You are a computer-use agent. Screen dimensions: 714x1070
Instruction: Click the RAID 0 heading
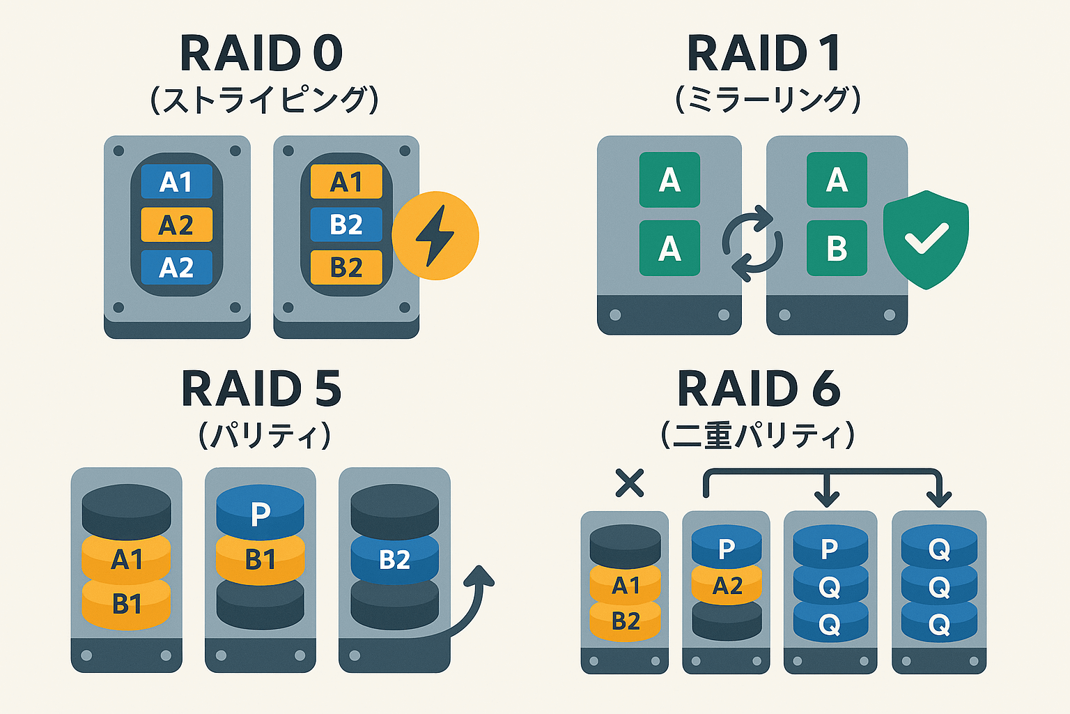pos(261,54)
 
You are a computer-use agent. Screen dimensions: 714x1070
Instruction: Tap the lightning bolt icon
pos(435,236)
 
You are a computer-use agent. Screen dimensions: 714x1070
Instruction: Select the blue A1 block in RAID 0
pos(176,182)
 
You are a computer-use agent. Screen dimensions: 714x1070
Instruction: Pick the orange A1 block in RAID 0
pos(346,182)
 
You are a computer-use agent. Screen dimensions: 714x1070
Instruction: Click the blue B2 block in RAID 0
pos(346,225)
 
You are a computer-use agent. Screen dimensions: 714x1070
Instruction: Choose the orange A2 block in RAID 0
pos(176,225)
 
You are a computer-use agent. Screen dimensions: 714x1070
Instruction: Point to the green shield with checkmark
pos(926,238)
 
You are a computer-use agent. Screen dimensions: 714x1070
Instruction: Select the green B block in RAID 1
pos(837,248)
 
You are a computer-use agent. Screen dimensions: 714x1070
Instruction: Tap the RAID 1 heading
pos(763,54)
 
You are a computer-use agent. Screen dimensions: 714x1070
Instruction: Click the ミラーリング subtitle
pos(768,100)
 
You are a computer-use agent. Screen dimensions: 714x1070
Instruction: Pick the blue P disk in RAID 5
pos(260,512)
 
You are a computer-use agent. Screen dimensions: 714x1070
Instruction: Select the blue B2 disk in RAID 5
pos(394,559)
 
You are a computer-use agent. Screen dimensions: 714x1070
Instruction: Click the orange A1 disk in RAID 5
pos(126,559)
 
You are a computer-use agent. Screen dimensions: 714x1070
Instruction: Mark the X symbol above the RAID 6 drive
pos(630,483)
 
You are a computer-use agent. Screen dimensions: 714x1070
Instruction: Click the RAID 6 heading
pos(759,389)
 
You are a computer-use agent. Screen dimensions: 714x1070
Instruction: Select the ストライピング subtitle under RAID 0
pos(264,100)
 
